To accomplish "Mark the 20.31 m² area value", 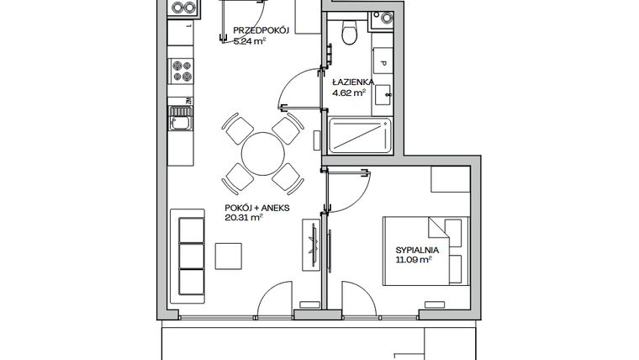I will (245, 217).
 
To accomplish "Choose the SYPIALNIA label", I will (417, 249).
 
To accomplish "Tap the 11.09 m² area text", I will (414, 260).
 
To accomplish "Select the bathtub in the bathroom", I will (360, 136).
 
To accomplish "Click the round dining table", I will (262, 152).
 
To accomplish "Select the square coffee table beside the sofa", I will (229, 255).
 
